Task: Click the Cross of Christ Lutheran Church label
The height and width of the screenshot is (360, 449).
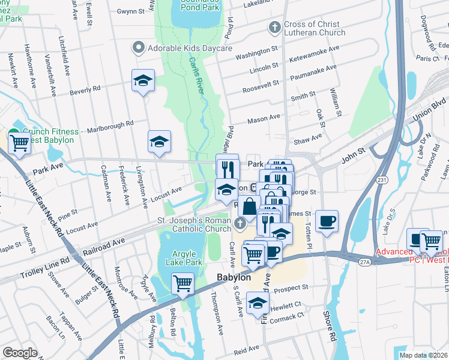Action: [312, 29]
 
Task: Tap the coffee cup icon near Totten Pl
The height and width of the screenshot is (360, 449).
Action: [327, 220]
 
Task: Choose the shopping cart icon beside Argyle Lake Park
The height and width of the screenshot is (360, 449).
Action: [183, 282]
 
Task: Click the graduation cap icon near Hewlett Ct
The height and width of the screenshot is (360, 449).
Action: [258, 302]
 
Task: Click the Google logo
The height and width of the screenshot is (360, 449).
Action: [20, 352]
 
